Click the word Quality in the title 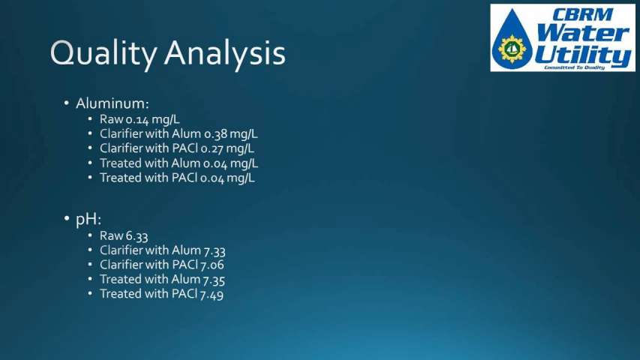pos(104,54)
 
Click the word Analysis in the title pos(225,54)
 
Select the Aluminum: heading pos(113,103)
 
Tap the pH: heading pos(89,220)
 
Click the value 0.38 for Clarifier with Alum pos(215,134)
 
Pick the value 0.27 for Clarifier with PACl pos(212,148)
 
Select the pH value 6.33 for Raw pos(137,236)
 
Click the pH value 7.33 pos(215,250)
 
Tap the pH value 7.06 pos(212,265)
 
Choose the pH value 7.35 pos(214,280)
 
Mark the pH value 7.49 pos(212,294)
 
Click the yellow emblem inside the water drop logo pos(512,49)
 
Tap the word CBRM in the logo pos(583,15)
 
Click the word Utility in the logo pos(583,56)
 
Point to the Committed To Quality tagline pos(574,67)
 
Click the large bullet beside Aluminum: pos(67,103)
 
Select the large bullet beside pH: pos(67,219)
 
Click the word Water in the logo pos(583,34)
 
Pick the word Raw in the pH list pos(112,236)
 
